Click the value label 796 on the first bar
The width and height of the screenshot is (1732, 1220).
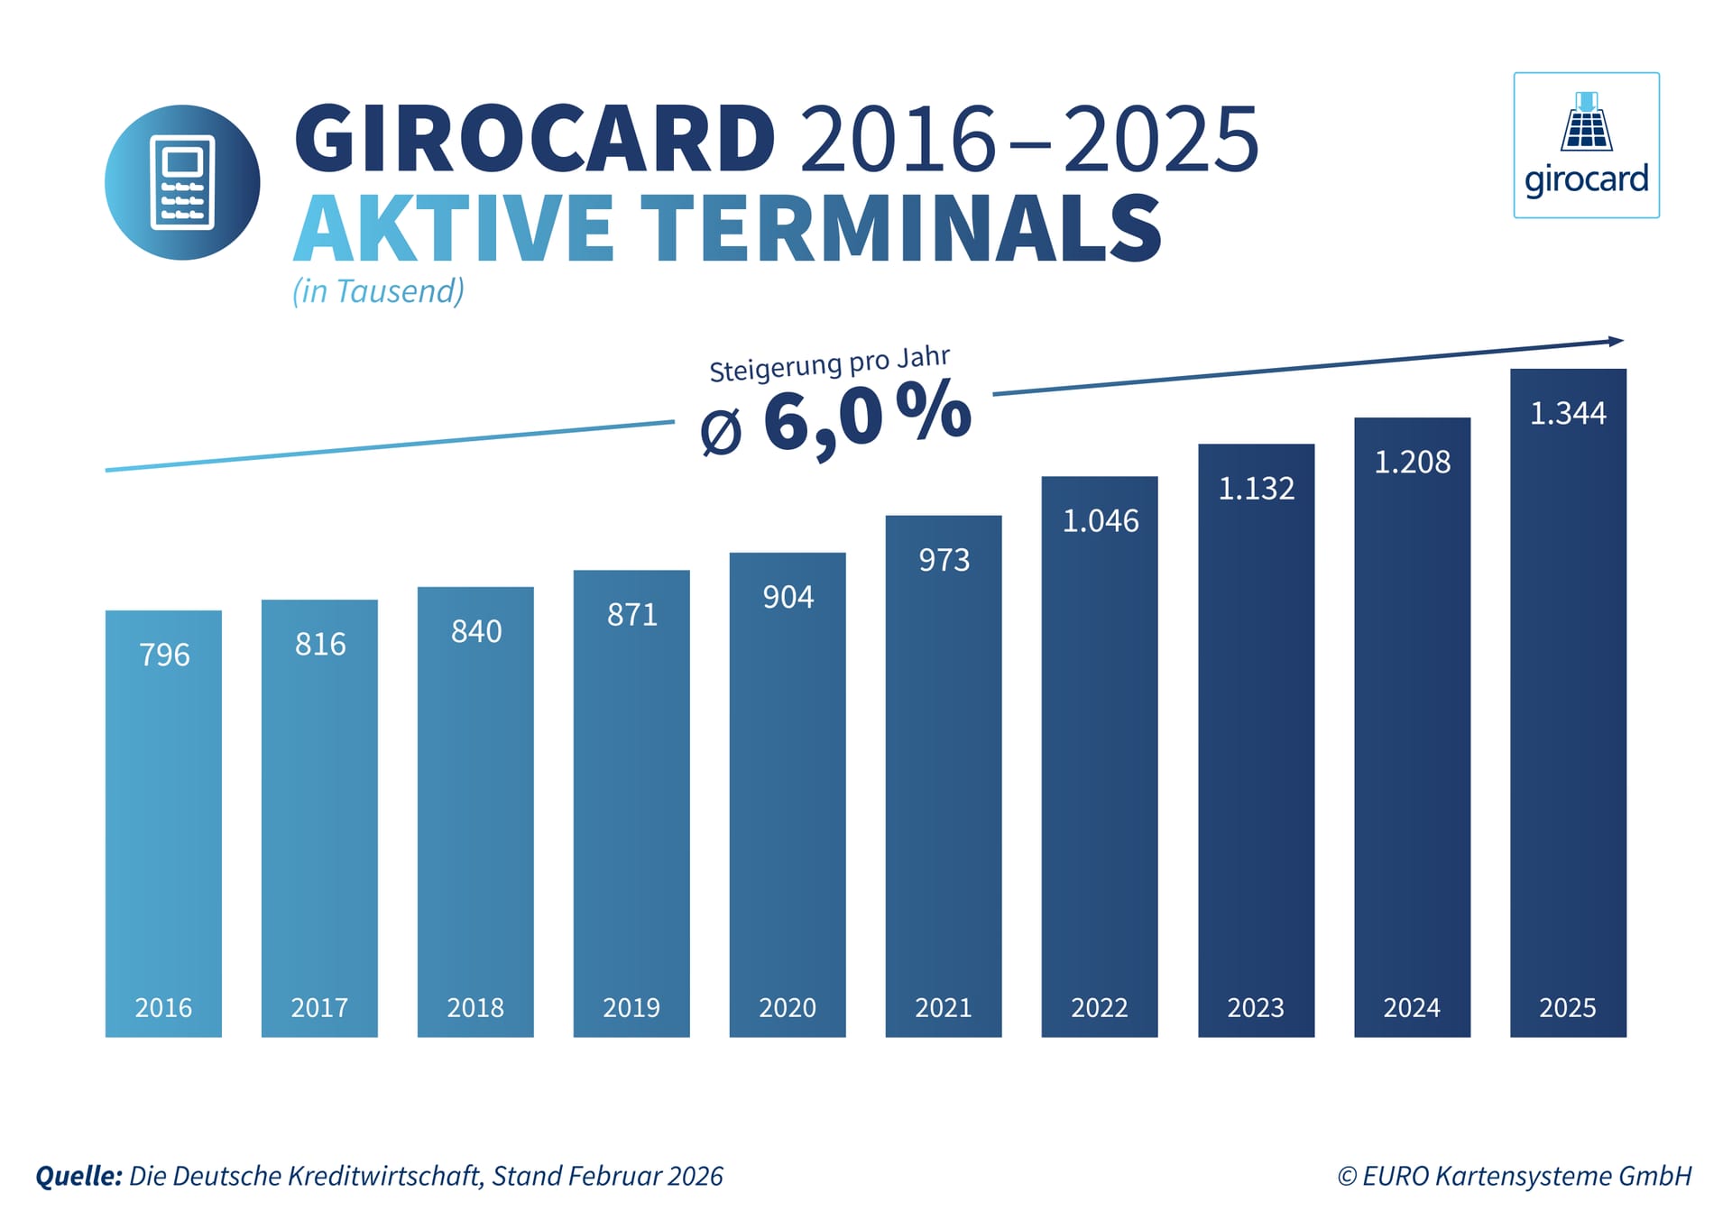coord(164,655)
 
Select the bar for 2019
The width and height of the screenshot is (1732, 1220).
coord(631,803)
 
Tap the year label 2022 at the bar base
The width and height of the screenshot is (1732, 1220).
coord(1099,1007)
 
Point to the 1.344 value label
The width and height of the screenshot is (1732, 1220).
coord(1568,414)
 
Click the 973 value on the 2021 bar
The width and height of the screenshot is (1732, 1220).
coord(944,560)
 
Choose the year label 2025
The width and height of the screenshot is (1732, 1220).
coord(1567,1007)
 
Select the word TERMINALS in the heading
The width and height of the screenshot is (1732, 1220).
coord(901,229)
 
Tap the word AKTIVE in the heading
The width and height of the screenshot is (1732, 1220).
coord(454,229)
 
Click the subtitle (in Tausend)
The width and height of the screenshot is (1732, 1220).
coord(378,291)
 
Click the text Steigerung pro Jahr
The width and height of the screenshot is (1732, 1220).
coord(829,364)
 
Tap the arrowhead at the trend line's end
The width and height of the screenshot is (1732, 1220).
coord(1616,341)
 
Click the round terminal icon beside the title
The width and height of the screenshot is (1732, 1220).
coord(182,183)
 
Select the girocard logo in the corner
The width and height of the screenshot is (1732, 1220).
coord(1586,145)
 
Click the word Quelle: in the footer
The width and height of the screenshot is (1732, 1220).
coord(78,1176)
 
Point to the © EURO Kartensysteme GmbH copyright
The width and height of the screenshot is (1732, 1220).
coord(1514,1176)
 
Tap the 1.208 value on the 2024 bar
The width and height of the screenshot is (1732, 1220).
coord(1412,463)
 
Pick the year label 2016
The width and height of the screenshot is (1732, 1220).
coord(163,1007)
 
